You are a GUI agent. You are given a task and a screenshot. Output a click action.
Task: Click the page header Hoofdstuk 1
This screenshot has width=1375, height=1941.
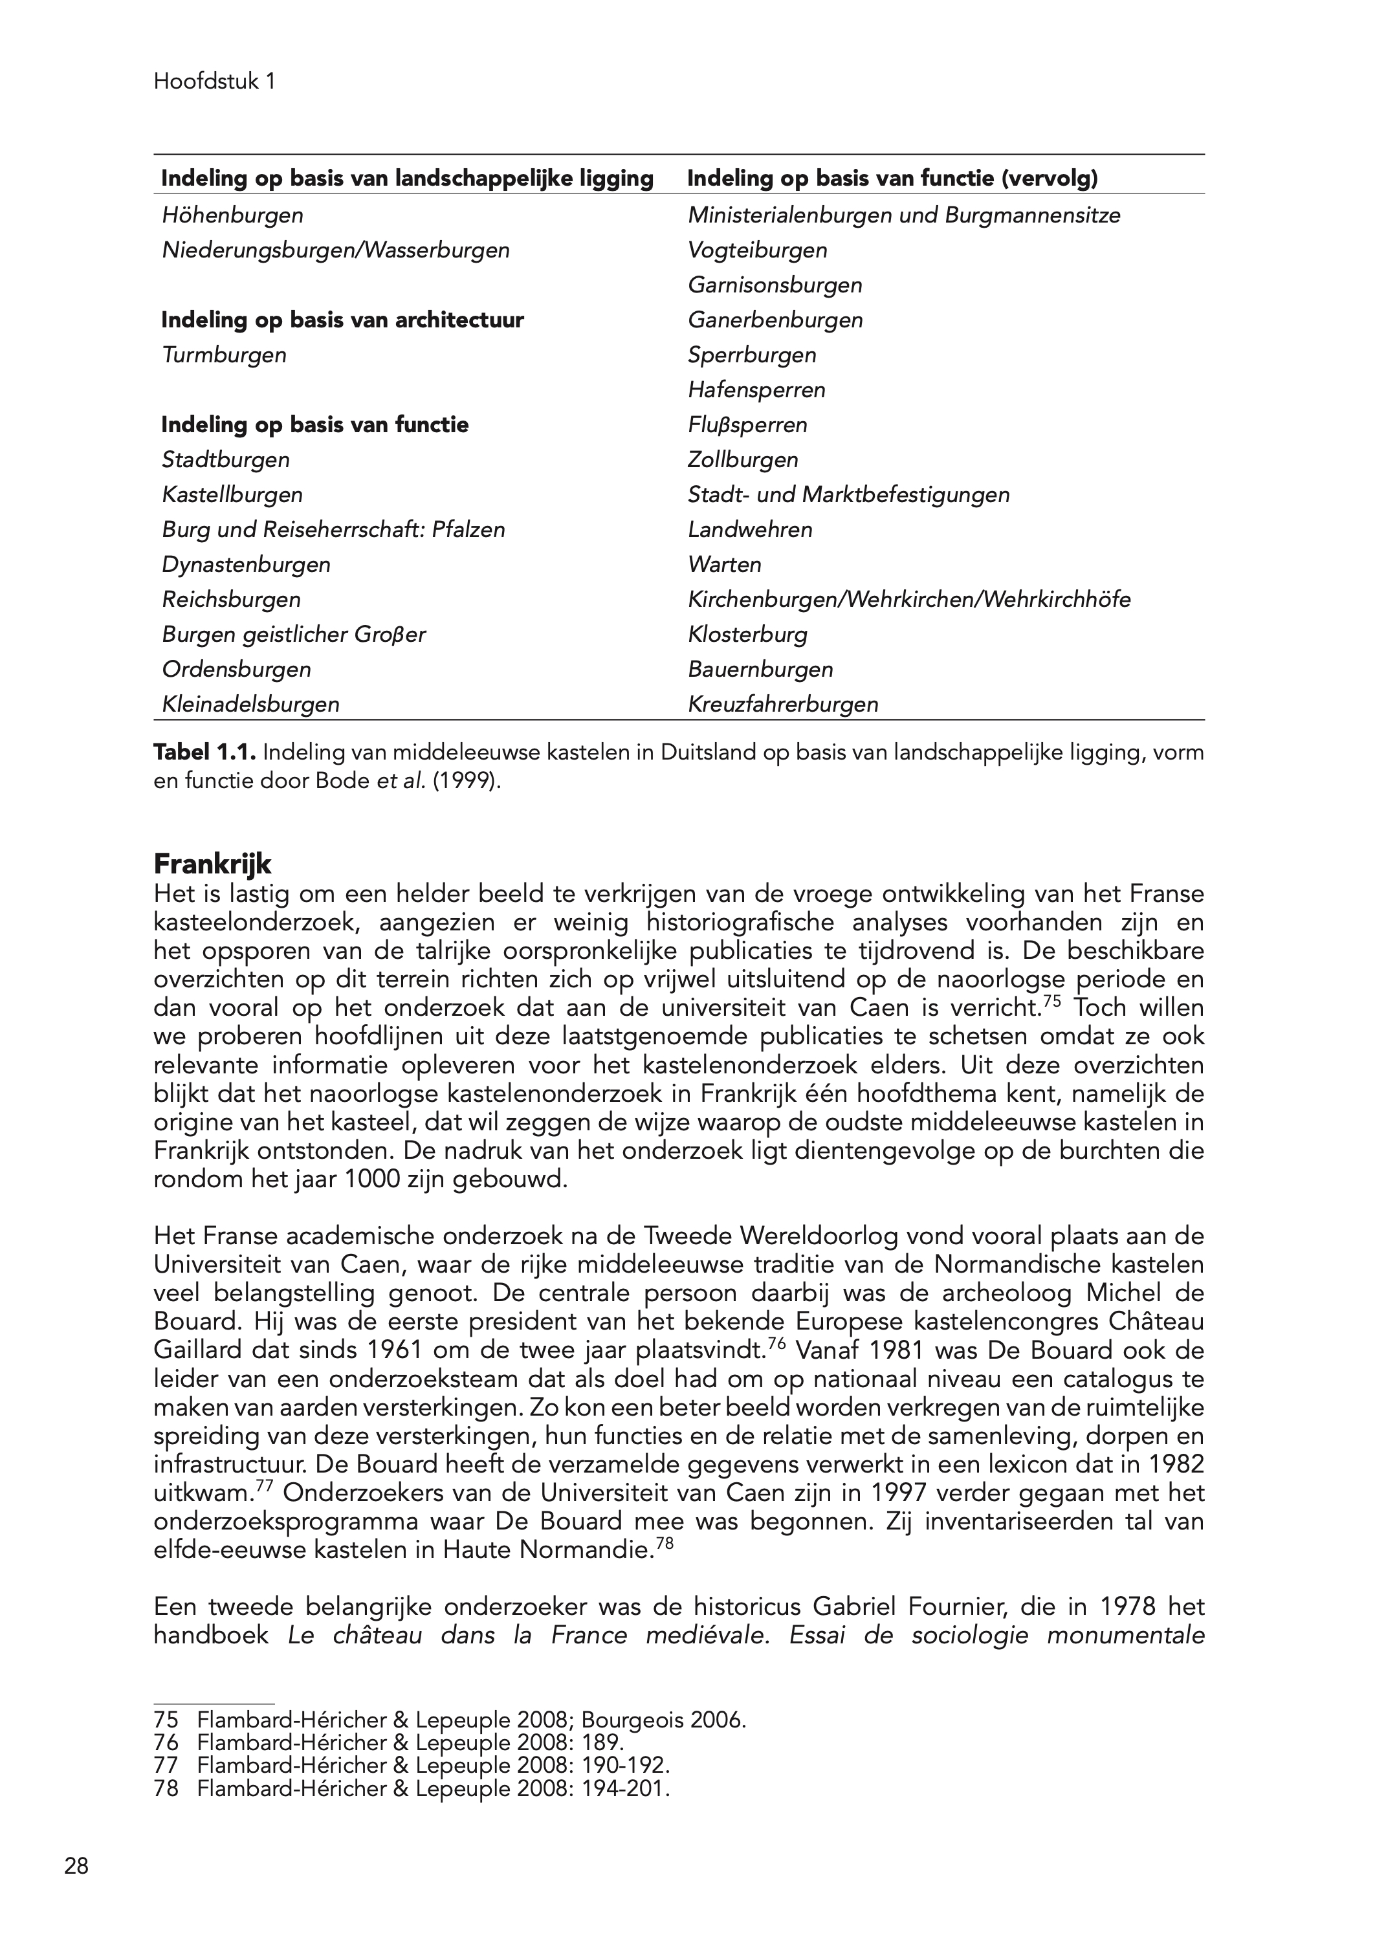214,82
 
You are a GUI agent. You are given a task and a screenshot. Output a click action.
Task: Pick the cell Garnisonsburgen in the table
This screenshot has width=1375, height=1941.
775,285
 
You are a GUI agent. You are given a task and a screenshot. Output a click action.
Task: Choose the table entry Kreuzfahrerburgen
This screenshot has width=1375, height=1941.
782,705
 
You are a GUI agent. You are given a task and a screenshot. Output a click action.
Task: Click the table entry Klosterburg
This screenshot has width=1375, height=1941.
747,634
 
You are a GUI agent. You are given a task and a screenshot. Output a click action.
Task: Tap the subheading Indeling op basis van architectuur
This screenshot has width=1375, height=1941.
342,320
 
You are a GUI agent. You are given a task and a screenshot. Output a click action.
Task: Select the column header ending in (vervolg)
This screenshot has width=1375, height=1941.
892,179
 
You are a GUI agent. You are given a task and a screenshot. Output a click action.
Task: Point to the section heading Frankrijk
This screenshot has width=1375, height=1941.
212,865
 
